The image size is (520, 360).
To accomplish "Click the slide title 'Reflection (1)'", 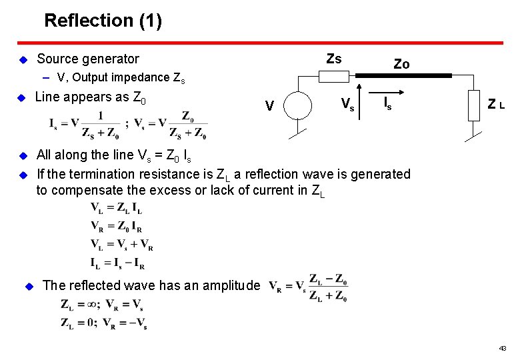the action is [x=103, y=21].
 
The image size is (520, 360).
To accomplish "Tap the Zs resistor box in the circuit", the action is [x=333, y=75].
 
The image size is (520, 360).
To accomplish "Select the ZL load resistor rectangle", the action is [x=474, y=104].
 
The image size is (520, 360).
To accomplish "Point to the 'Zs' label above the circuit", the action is [x=333, y=59].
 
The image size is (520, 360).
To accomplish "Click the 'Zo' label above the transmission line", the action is [x=401, y=64].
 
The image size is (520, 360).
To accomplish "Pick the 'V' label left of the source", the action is [x=269, y=106].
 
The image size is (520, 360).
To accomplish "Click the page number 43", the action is [x=502, y=348].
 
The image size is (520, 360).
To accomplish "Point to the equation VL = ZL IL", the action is [x=116, y=207].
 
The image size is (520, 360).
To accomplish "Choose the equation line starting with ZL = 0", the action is [x=103, y=323].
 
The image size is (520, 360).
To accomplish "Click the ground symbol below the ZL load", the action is [x=473, y=137].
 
